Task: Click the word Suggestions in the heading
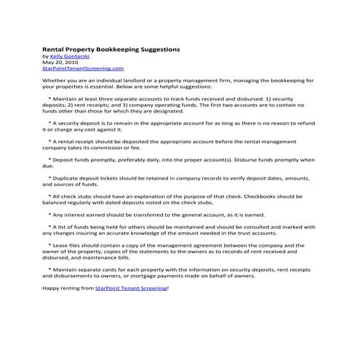[x=156, y=49]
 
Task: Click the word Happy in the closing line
[x=52, y=289]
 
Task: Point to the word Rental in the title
[x=55, y=49]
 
